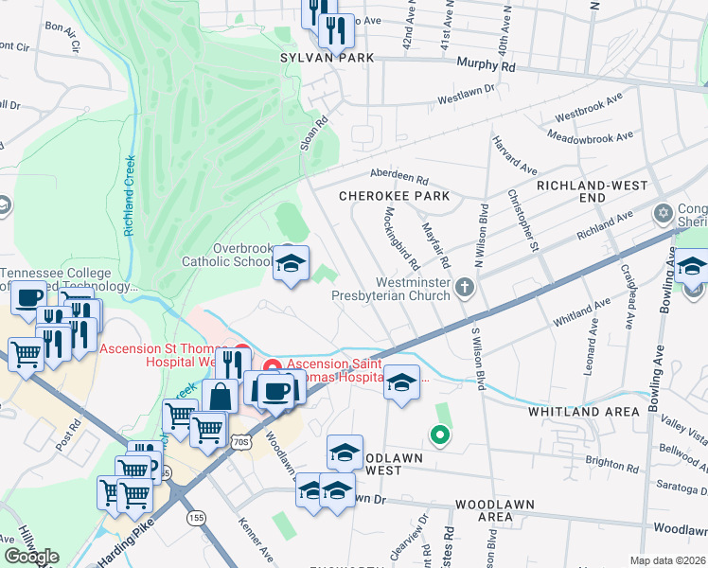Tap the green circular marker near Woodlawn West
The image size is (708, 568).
point(438,435)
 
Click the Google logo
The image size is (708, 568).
point(31,557)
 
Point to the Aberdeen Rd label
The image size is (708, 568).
point(398,179)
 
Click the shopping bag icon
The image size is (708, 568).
point(220,396)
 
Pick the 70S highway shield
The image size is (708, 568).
point(242,442)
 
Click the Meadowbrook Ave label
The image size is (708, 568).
point(594,137)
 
